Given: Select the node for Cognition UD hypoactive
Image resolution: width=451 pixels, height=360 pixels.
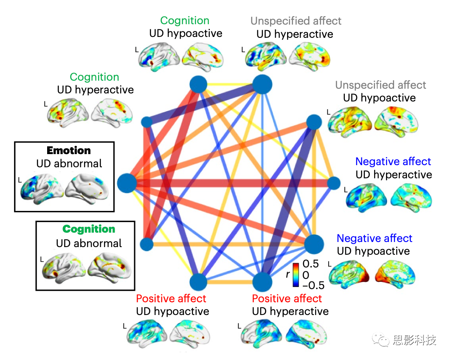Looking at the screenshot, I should [x=198, y=85].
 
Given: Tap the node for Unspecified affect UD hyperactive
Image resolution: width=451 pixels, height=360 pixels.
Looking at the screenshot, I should [x=262, y=84].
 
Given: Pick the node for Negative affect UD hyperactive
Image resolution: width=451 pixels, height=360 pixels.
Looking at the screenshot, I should [x=334, y=183].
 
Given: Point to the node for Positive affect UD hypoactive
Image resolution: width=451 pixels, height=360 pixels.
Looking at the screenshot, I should [x=198, y=282].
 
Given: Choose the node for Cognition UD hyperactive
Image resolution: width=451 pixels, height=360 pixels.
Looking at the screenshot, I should [x=147, y=122].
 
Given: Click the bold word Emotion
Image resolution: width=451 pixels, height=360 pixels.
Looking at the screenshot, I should [x=69, y=150].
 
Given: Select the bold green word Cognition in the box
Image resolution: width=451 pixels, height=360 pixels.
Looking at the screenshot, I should [x=89, y=229].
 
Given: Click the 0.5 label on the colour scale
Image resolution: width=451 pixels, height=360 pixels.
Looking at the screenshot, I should [x=310, y=264].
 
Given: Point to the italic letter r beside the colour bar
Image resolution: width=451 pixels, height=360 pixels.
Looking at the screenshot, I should [x=288, y=274].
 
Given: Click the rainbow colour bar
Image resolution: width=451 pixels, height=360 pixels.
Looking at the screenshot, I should [x=296, y=274].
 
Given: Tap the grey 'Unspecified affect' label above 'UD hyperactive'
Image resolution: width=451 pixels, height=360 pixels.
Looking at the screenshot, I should [x=296, y=21].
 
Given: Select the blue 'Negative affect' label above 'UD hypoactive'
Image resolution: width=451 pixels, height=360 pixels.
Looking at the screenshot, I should [x=374, y=238].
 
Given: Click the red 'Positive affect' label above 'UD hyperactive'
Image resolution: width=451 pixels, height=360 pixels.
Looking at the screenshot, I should [x=287, y=298].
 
